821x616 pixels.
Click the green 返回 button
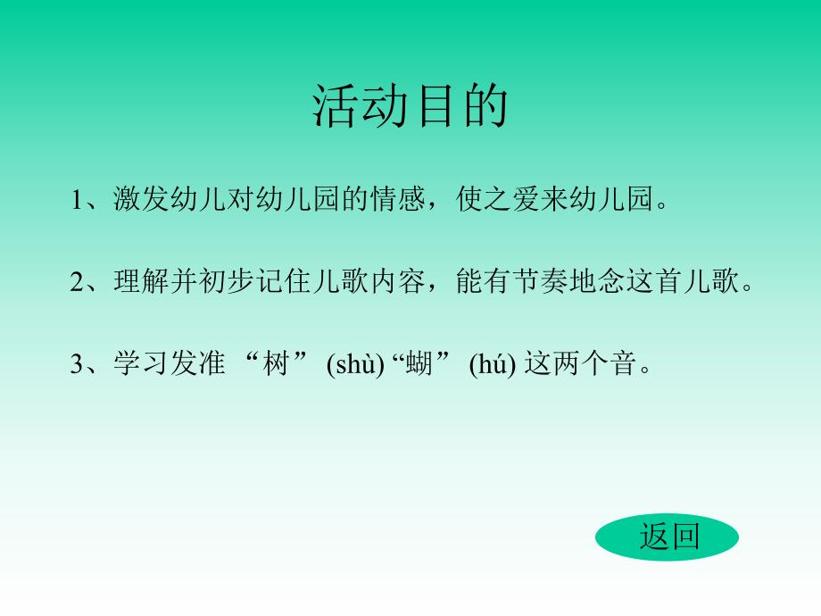[x=668, y=537]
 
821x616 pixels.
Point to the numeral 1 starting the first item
[x=77, y=199]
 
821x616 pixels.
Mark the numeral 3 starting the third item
[x=77, y=364]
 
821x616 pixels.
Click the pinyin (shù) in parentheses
[x=355, y=364]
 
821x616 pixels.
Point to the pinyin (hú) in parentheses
[x=493, y=364]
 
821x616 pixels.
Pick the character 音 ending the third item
[x=633, y=364]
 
